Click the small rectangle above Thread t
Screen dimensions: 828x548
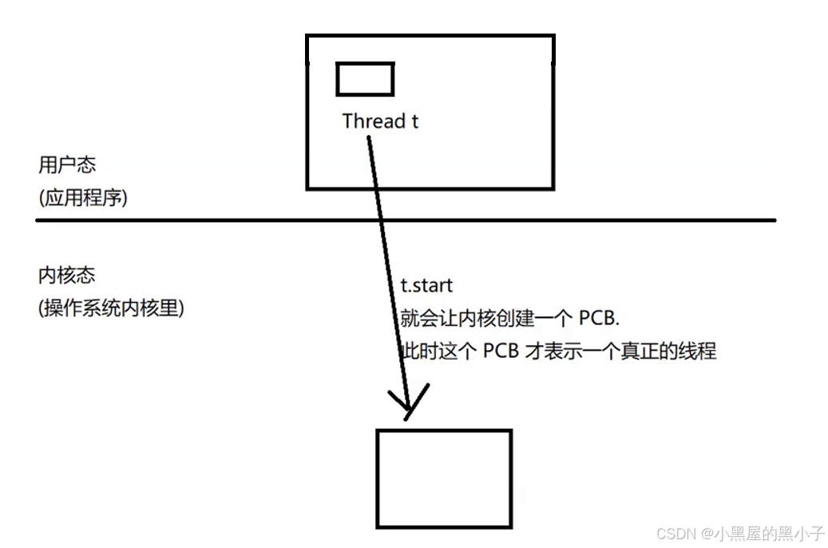[365, 79]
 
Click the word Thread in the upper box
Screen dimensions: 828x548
[374, 121]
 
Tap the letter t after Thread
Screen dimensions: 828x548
[414, 121]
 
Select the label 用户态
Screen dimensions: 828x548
[67, 165]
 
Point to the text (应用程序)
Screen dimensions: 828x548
[83, 197]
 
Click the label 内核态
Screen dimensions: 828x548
[67, 276]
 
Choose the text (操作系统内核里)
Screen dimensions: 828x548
[111, 308]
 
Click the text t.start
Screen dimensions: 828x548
[426, 286]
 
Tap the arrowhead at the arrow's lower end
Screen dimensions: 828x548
[408, 404]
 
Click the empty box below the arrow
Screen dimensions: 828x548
[443, 479]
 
